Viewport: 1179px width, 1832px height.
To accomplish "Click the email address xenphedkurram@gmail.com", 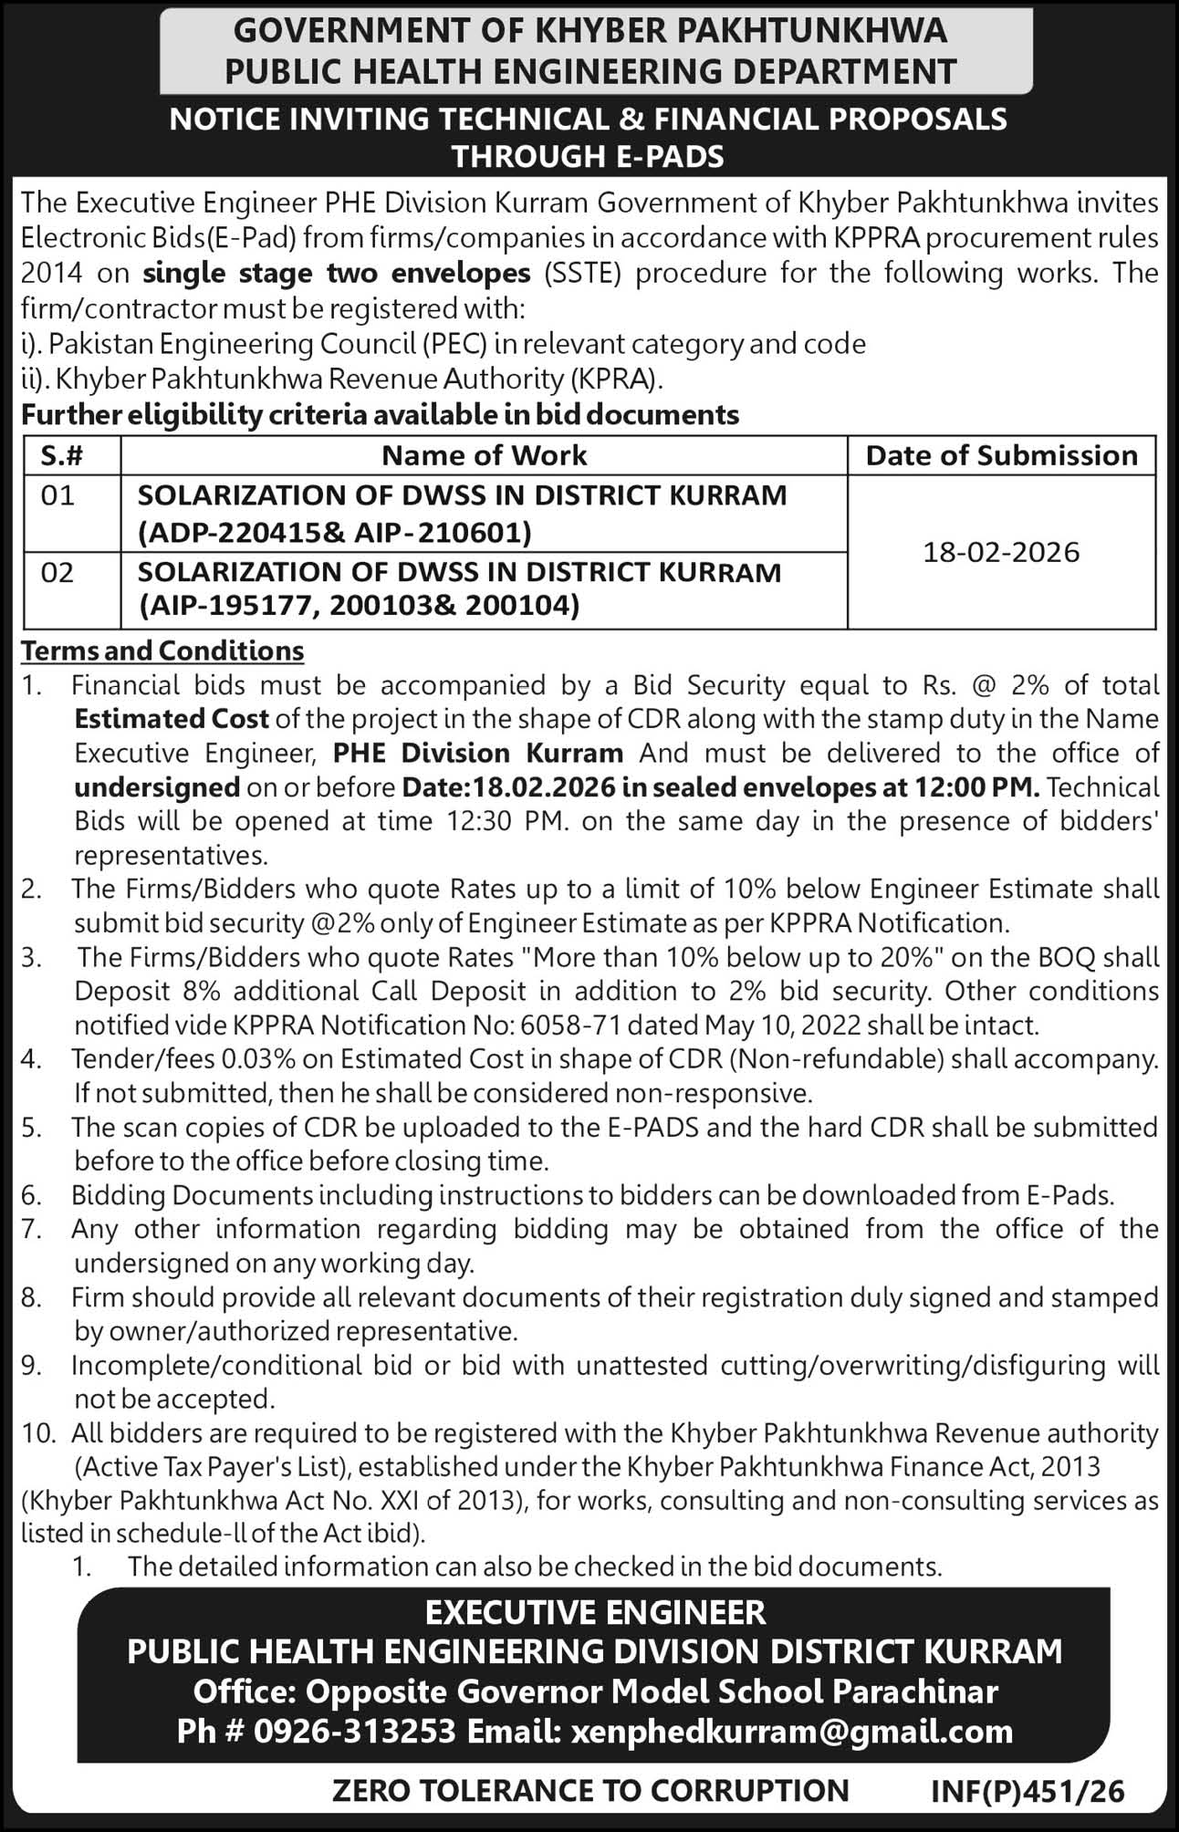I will coord(791,1731).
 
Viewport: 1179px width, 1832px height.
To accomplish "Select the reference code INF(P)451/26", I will coord(1028,1791).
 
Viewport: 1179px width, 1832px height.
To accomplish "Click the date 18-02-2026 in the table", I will coord(1001,552).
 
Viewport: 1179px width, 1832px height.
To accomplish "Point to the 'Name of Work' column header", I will coord(484,455).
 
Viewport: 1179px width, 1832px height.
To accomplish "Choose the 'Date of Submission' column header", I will coord(1001,455).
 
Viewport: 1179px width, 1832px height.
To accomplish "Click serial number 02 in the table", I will coord(57,572).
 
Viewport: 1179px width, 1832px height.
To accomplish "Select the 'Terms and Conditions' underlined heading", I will coord(162,651).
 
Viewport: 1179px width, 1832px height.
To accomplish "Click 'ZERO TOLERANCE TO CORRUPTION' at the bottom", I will coord(590,1791).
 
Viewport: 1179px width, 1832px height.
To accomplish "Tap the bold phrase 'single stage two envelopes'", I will coord(337,273).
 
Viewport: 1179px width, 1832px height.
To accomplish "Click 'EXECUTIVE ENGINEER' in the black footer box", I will coord(595,1613).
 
